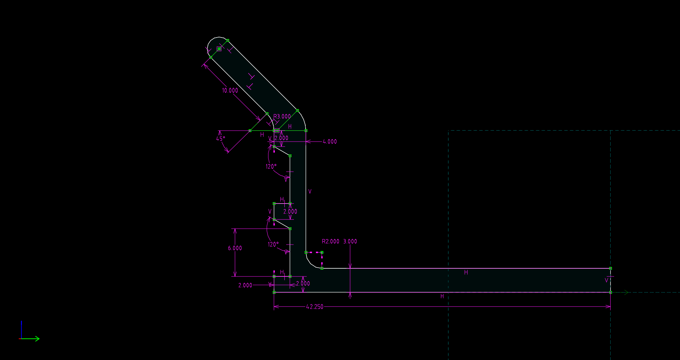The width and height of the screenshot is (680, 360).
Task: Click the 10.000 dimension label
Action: point(230,91)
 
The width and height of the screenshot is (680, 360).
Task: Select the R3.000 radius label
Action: point(282,116)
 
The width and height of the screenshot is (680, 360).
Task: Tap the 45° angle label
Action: point(221,139)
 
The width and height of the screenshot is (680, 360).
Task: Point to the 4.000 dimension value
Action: point(330,142)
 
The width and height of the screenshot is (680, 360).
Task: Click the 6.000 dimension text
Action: point(235,248)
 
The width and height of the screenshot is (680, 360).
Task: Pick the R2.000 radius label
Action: point(330,241)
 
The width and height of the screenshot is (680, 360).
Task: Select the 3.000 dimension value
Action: point(350,241)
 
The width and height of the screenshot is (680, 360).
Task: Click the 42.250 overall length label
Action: point(314,307)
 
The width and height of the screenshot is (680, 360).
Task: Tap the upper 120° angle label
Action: point(271,166)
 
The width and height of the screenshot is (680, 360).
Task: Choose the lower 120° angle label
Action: point(273,244)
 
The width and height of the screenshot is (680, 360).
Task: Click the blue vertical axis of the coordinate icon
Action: point(22,329)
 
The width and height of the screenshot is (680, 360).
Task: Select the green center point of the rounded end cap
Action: point(219,49)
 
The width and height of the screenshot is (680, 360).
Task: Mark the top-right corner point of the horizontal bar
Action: point(610,268)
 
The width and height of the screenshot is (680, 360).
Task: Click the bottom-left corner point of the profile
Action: point(274,292)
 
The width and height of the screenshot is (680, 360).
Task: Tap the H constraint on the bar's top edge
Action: point(466,273)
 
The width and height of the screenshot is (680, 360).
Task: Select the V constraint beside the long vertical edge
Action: point(310,192)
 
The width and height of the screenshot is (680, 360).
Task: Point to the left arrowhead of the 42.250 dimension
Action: point(276,307)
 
